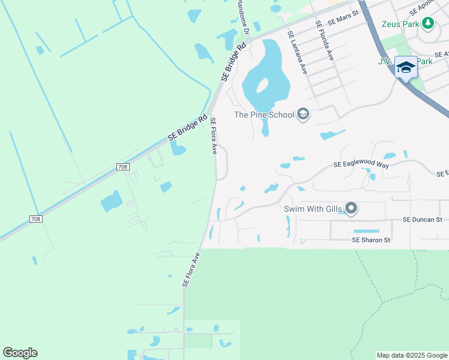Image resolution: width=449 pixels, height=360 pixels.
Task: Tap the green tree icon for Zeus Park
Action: [427, 23]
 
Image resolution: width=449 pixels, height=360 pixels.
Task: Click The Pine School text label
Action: [264, 115]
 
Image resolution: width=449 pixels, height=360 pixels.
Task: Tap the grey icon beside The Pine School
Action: [303, 115]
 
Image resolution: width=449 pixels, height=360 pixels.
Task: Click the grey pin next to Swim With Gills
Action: [351, 209]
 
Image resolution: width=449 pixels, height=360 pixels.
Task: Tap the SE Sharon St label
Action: [371, 240]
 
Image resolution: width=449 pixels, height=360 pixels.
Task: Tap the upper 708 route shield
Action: [122, 167]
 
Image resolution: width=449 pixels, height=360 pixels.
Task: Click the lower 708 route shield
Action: [36, 219]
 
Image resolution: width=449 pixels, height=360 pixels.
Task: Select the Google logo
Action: [20, 353]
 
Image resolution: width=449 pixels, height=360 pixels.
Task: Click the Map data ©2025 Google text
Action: [411, 355]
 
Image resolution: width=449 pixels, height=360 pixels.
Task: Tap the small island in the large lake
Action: [262, 85]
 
